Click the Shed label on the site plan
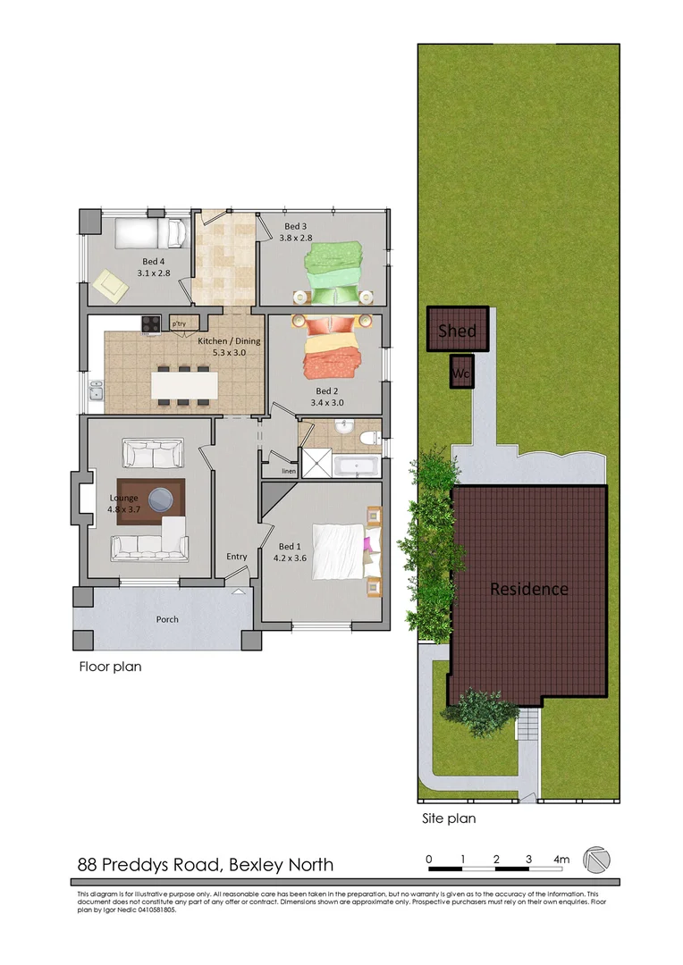[457, 331]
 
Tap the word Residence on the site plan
[528, 589]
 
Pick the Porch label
[167, 619]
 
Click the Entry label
[236, 557]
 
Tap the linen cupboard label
[288, 471]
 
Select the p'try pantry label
[179, 323]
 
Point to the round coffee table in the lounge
[162, 497]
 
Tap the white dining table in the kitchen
[184, 385]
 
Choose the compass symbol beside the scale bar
[596, 860]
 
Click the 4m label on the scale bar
[561, 860]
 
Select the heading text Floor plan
[110, 666]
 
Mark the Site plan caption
[449, 818]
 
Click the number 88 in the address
[87, 864]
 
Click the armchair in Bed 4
[111, 285]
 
